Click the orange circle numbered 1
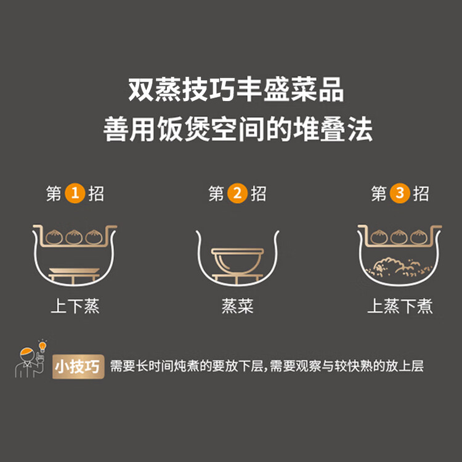click(x=75, y=193)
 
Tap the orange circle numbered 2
click(x=237, y=193)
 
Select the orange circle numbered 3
click(x=400, y=193)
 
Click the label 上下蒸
click(x=75, y=306)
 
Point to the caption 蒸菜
click(x=238, y=306)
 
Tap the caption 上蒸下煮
click(x=400, y=306)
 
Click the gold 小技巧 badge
click(x=78, y=367)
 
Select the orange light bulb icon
click(x=43, y=346)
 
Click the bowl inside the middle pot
click(x=238, y=260)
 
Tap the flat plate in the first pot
click(x=75, y=271)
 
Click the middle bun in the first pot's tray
click(x=74, y=237)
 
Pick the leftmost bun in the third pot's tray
click(x=379, y=237)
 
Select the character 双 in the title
click(x=140, y=89)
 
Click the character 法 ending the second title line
click(x=360, y=129)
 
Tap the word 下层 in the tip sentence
click(x=250, y=367)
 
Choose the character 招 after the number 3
click(x=421, y=193)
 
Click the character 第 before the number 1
click(x=54, y=193)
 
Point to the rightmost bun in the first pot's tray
click(x=94, y=237)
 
